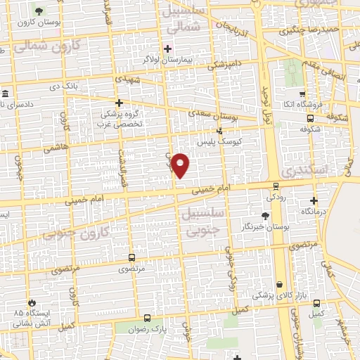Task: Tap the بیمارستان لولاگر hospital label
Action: click(x=168, y=58)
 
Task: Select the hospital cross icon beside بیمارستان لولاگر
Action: click(x=167, y=49)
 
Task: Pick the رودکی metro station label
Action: click(x=275, y=198)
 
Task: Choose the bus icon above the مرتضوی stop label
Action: click(x=132, y=257)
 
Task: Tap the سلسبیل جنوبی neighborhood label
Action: click(x=201, y=220)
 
